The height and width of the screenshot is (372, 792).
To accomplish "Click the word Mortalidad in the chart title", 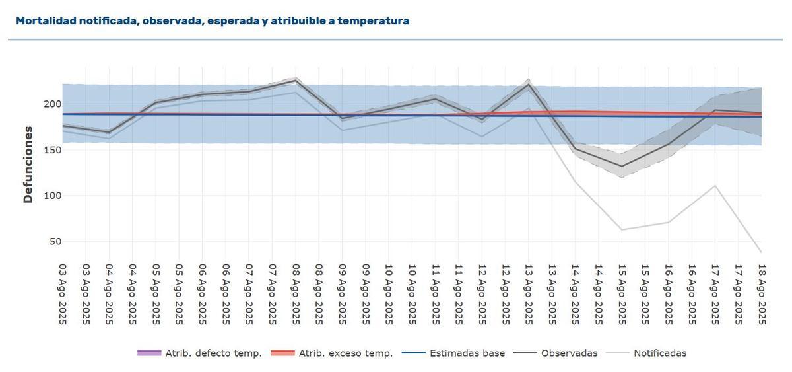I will pos(46,21).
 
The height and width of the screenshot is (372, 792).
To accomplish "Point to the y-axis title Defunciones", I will pos(28,164).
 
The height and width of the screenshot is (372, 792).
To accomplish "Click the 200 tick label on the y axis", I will pos(52,104).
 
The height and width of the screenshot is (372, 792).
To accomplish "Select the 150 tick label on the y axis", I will pos(52,150).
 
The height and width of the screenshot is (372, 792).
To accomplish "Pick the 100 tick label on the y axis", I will pos(52,196).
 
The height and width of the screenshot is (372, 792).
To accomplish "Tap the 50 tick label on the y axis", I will pos(55,241).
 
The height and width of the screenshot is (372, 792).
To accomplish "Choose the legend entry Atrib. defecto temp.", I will pos(199,353).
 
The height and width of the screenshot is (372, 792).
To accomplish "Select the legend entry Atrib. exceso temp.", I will pos(345,353).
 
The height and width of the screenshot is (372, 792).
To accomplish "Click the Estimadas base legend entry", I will pos(467,353).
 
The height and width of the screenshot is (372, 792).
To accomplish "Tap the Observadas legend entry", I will pos(569,353).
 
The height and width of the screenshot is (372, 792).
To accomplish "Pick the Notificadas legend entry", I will pos(659,353).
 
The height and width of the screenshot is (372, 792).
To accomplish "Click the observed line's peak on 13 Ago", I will pos(529,84).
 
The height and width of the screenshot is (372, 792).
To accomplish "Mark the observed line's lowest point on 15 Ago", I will pos(622,167).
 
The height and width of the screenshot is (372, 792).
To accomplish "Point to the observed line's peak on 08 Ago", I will pos(296,80).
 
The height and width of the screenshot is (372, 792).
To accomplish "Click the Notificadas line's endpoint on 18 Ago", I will pos(761,252).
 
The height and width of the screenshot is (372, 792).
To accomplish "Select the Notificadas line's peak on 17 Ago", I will pos(715,185).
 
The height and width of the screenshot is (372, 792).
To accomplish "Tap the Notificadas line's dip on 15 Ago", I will pos(622,230).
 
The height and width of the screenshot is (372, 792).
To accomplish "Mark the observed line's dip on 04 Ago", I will pos(109,132).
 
